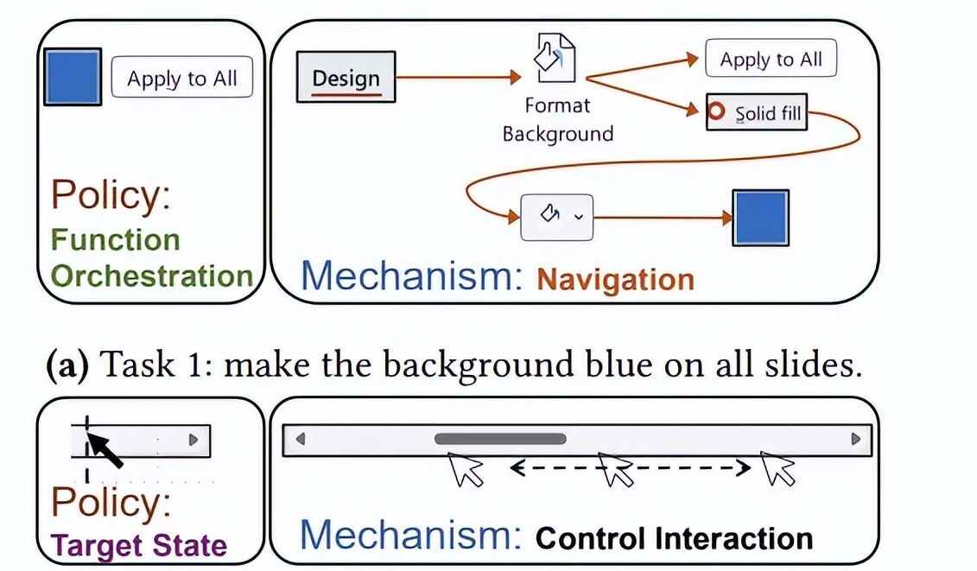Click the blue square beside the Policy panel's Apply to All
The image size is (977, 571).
click(72, 77)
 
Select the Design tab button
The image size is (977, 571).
click(346, 78)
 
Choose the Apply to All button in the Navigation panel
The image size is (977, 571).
click(771, 60)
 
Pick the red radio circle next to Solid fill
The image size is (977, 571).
click(716, 112)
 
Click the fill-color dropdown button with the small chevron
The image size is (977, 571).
click(556, 217)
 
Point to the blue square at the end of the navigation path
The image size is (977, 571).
click(761, 218)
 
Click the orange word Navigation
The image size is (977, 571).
click(615, 279)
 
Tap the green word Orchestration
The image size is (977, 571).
click(151, 276)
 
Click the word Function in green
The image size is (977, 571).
click(115, 239)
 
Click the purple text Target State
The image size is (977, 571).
click(140, 545)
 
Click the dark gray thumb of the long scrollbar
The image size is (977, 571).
click(500, 439)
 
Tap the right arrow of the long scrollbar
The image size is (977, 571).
click(855, 439)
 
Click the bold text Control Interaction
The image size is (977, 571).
click(674, 538)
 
